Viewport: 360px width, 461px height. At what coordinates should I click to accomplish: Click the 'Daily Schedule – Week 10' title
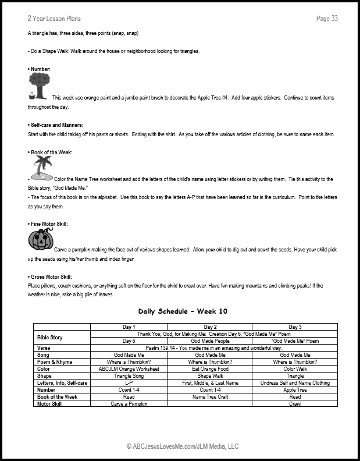180,311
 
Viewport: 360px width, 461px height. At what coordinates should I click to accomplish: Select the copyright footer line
180,446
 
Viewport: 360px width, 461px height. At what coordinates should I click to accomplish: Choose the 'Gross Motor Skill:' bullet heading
52,276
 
